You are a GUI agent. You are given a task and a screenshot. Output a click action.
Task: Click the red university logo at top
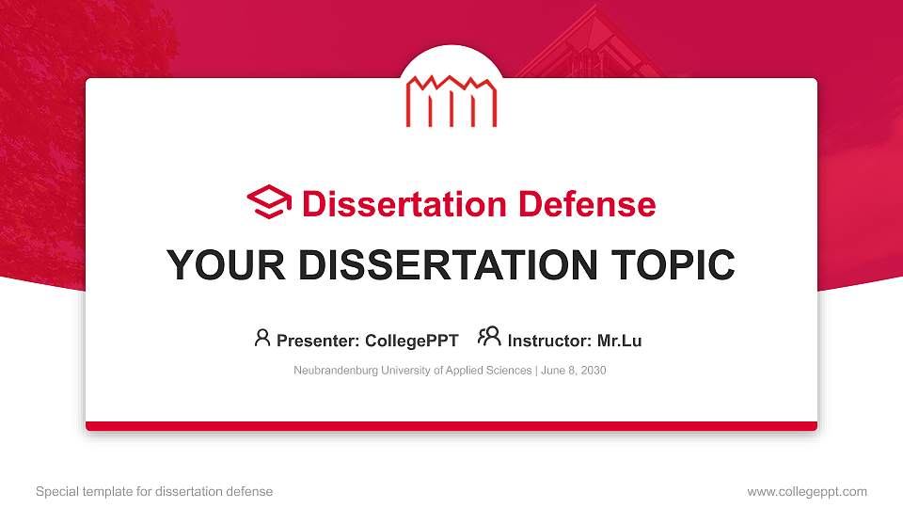451,100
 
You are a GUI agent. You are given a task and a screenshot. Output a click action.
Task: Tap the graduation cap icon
269,203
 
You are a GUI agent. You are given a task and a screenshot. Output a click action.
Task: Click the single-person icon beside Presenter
262,338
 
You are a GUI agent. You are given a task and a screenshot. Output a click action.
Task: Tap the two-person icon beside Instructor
489,338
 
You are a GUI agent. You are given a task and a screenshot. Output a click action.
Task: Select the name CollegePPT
412,341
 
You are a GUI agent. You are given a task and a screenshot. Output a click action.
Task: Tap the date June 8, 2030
574,371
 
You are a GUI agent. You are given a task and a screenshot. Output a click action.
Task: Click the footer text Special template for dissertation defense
154,491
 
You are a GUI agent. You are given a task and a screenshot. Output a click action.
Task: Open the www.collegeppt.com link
807,491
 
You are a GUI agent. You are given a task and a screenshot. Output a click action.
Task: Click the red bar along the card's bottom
451,426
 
